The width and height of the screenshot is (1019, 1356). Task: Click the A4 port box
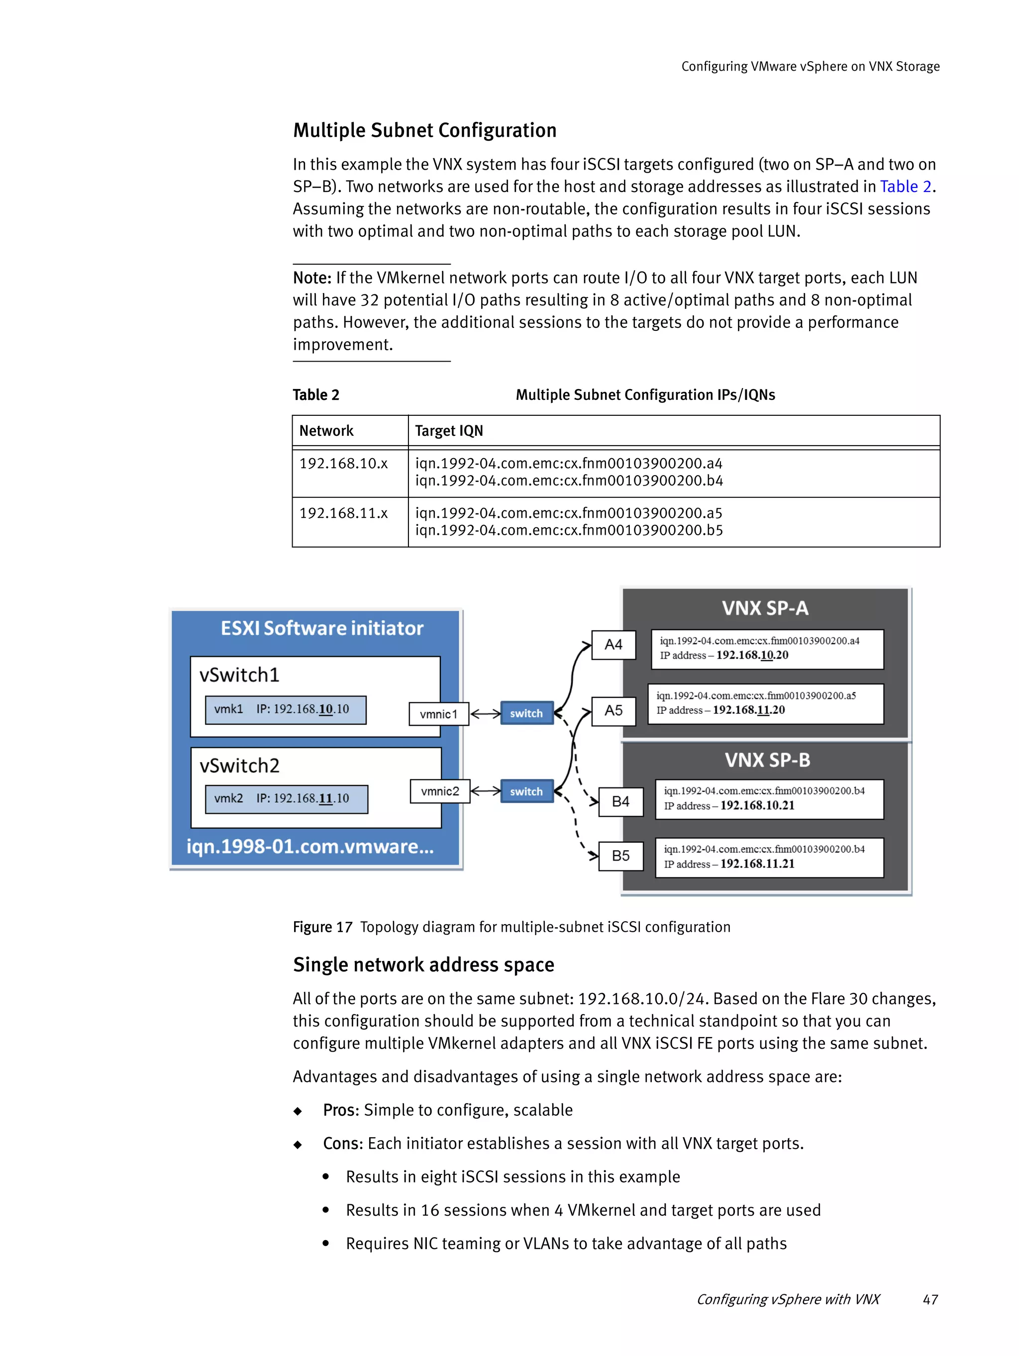pos(612,644)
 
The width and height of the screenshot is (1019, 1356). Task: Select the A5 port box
pos(612,710)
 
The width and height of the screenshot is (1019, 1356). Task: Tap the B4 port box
pos(620,801)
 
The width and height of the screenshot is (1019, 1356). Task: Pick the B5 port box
pos(620,855)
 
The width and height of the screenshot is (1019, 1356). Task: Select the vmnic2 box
pos(440,791)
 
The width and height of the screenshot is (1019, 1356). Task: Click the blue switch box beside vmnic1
pos(526,713)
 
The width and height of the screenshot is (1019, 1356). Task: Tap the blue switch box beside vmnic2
pos(526,791)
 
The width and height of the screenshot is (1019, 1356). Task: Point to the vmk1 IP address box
pos(285,709)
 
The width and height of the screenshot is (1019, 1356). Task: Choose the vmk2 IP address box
pos(286,799)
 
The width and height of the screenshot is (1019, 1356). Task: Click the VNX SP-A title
pos(765,608)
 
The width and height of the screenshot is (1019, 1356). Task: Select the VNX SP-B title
pos(767,760)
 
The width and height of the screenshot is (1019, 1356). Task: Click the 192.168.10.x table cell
pos(343,464)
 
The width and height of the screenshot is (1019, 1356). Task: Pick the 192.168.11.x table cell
pos(343,513)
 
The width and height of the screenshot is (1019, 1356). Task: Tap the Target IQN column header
pos(449,431)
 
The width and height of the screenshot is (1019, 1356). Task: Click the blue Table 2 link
pos(905,187)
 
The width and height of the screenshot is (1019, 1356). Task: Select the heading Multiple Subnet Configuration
pos(424,130)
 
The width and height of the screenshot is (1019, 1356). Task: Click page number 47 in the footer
pos(929,1299)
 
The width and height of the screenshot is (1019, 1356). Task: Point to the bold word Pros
pos(340,1110)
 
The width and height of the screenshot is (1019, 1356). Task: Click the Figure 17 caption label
pos(322,927)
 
